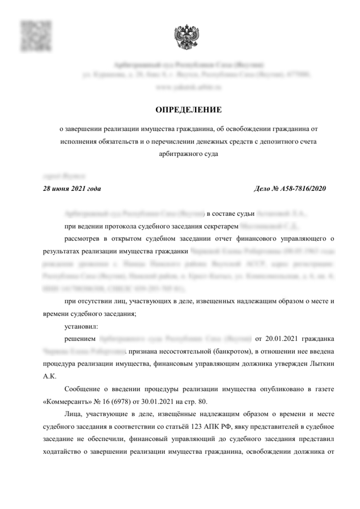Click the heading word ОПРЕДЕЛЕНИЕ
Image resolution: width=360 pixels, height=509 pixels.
click(x=189, y=109)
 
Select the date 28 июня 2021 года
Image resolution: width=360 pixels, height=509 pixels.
click(x=72, y=189)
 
